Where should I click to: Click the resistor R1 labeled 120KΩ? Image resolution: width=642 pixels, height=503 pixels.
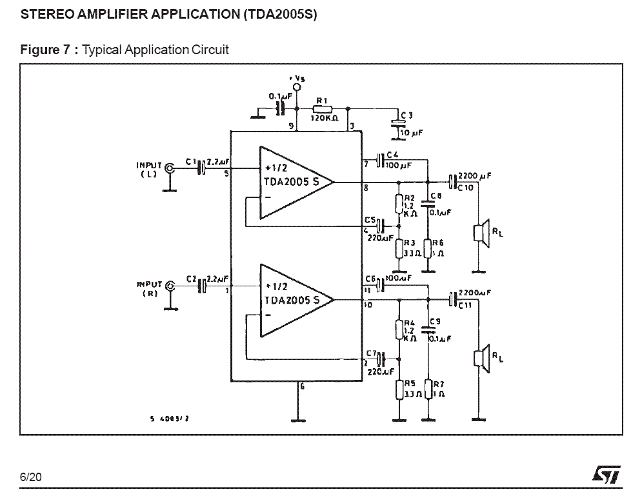click(321, 108)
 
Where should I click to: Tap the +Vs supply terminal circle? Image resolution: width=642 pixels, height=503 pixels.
click(297, 86)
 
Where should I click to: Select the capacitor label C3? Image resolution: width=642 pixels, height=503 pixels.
click(406, 116)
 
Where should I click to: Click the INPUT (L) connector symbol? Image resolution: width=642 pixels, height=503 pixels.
click(170, 168)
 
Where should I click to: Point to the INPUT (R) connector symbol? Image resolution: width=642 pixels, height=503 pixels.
click(170, 286)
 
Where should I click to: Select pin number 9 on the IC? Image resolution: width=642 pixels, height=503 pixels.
click(292, 126)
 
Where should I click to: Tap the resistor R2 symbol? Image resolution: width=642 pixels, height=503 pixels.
click(399, 204)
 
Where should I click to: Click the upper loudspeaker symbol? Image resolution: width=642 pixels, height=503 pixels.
click(481, 232)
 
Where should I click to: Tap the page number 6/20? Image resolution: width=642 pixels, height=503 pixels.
click(30, 477)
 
